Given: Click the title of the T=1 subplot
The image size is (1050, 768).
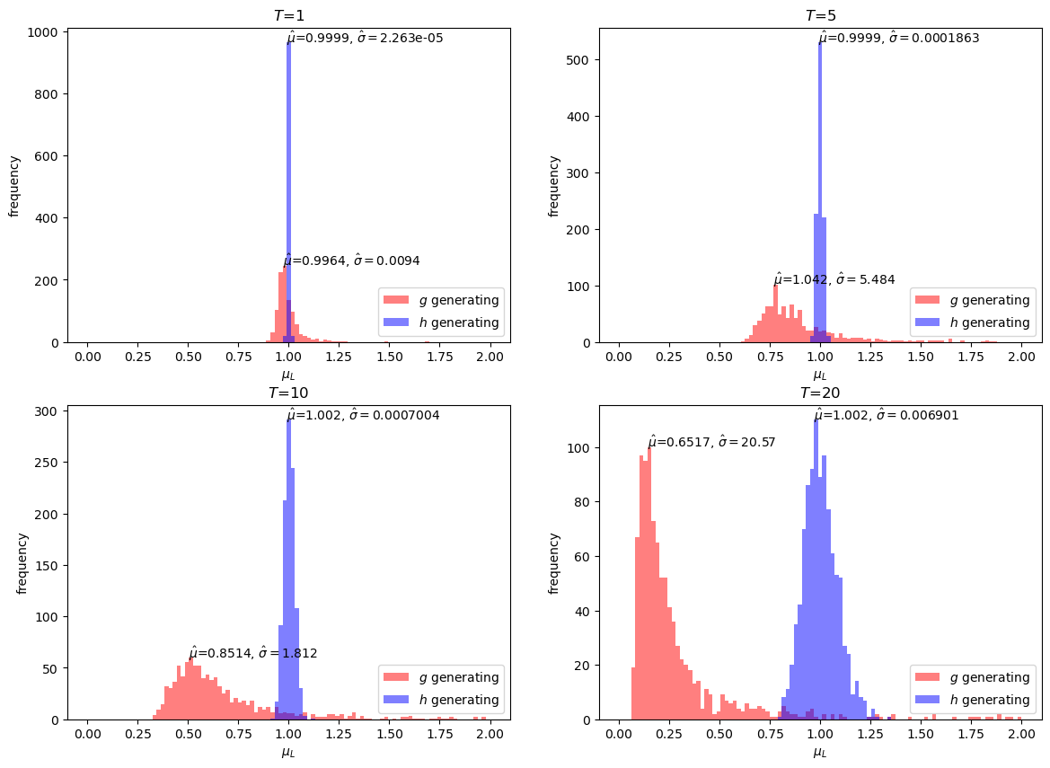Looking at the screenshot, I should point(289,15).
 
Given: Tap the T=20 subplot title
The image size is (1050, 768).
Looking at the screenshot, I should point(820,393).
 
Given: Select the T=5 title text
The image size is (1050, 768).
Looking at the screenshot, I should point(820,15).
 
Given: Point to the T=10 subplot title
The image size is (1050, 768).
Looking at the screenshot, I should point(289,393).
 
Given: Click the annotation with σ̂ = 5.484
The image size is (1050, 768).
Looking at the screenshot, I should point(834,279).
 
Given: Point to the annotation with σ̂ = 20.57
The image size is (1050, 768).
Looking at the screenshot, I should point(710,442).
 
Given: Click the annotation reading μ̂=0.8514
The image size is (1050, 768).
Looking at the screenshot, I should point(252,653).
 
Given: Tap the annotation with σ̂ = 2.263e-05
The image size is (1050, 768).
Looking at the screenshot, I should point(365,38).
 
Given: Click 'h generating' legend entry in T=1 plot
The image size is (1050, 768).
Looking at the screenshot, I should point(454,322).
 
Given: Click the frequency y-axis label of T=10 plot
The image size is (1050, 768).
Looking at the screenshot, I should point(22,563).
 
